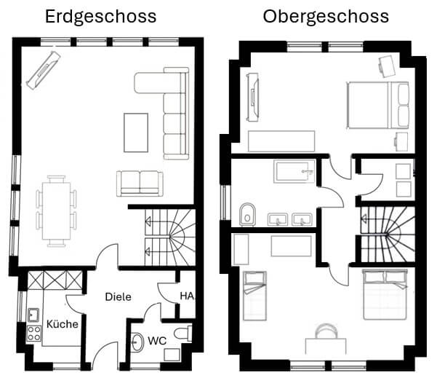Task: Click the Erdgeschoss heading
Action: [100, 17]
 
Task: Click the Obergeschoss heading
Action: [326, 17]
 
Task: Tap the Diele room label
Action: [119, 296]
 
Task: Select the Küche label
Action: [62, 324]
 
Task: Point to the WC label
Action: [157, 341]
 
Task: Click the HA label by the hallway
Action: [187, 296]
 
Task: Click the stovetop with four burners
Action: [34, 334]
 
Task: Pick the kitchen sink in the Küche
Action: [33, 315]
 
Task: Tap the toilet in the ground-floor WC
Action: [183, 334]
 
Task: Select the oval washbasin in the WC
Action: [137, 342]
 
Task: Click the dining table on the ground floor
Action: [56, 211]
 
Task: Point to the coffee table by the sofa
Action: [136, 133]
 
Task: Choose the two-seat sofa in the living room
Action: [140, 184]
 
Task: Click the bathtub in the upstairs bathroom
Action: [294, 171]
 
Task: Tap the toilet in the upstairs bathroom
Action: [247, 214]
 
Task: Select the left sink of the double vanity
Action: [278, 219]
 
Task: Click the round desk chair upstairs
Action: [326, 331]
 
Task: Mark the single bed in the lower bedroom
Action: [254, 296]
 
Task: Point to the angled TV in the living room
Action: [44, 71]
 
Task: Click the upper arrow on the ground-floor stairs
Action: [148, 221]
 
